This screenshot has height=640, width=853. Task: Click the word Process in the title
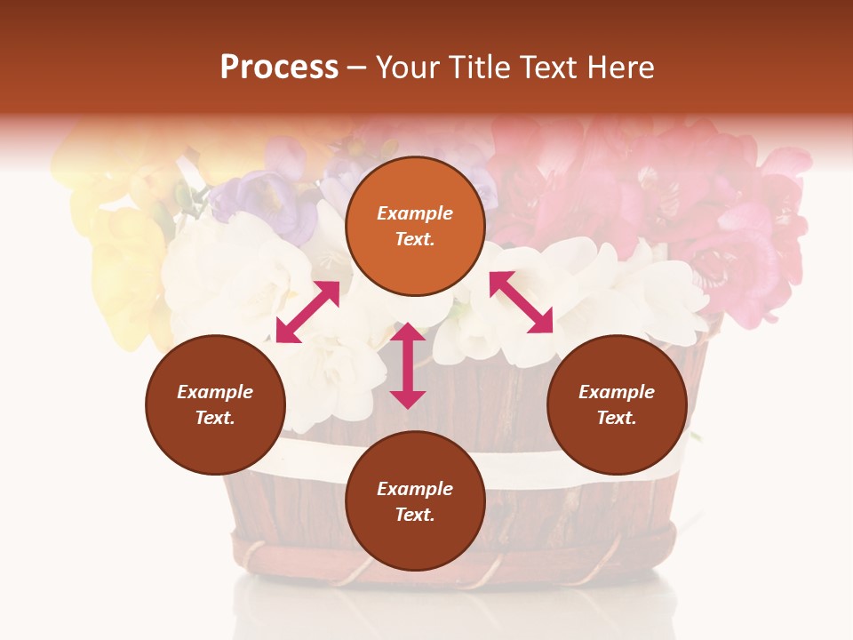279,68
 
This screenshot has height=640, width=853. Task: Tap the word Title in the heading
480,68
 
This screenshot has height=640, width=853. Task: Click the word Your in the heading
408,68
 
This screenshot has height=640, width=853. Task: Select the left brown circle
215,404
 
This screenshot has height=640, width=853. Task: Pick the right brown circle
617,404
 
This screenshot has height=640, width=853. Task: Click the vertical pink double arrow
408,365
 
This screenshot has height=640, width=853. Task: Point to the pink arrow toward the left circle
307,311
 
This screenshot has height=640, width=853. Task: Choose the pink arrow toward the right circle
522,302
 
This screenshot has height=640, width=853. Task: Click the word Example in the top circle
415,213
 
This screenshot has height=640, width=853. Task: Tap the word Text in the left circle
214,418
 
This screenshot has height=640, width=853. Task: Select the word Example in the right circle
617,392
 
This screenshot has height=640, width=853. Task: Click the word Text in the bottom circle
414,515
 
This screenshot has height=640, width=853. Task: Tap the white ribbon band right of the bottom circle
524,467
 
